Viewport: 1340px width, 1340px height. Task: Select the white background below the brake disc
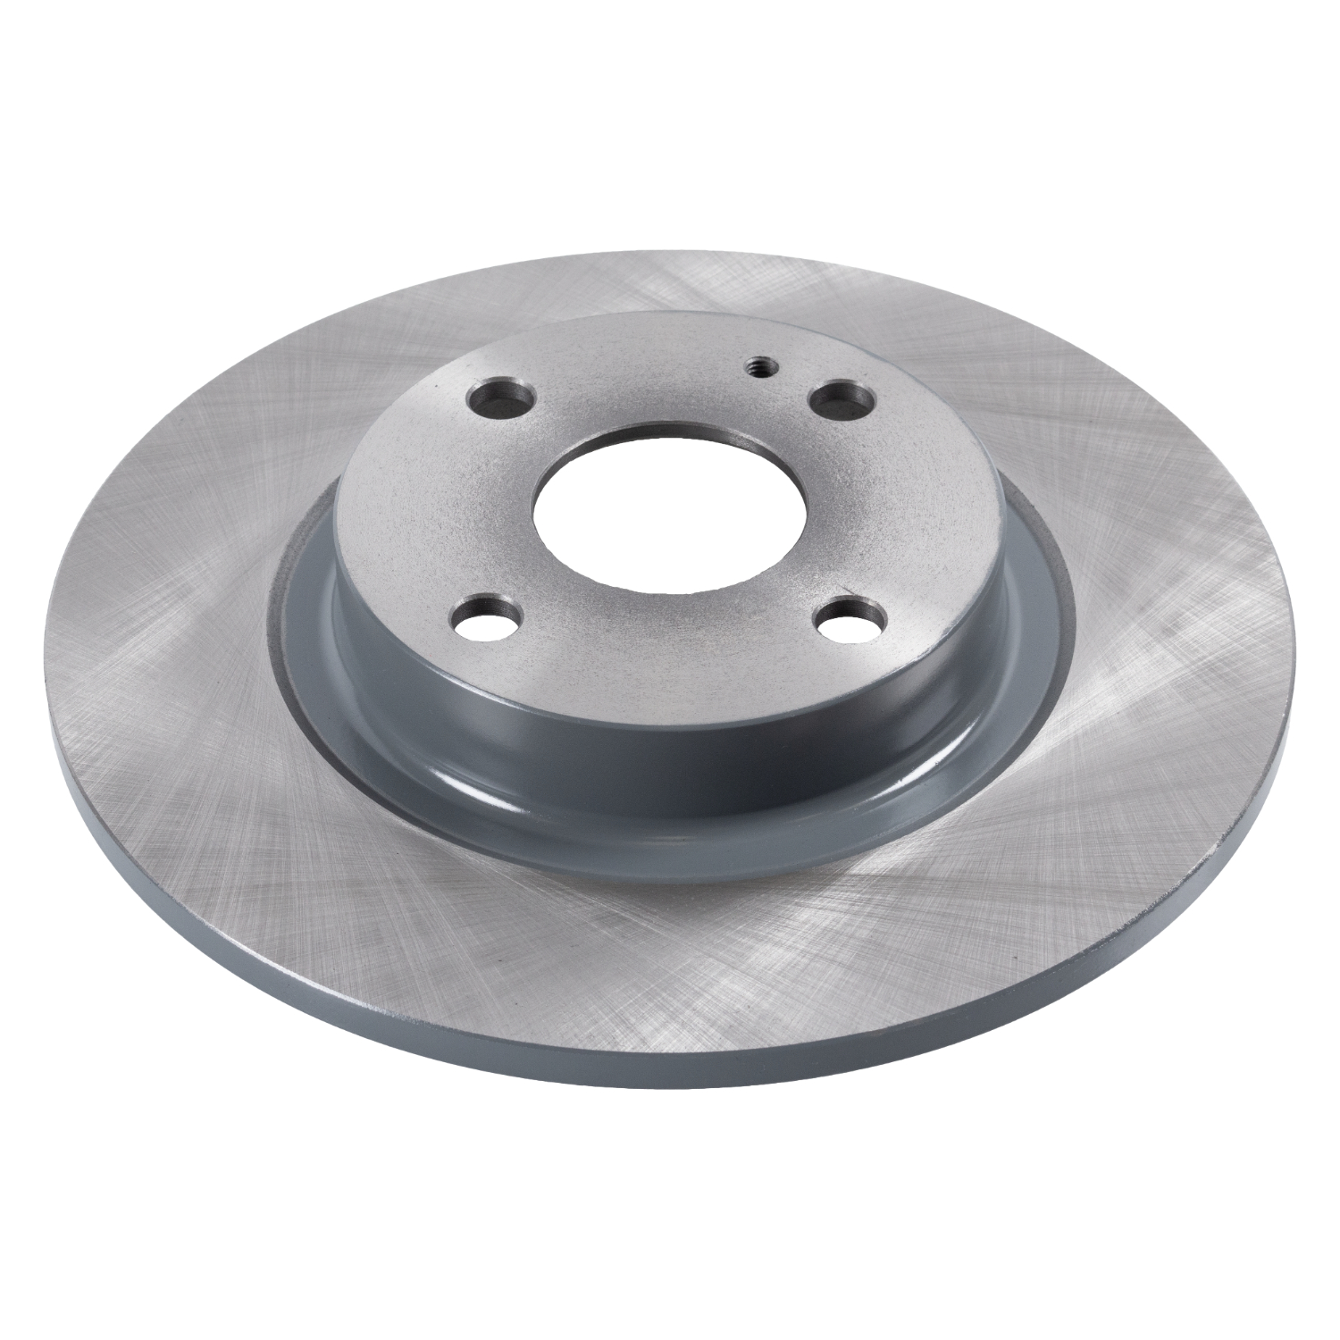[670, 1233]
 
